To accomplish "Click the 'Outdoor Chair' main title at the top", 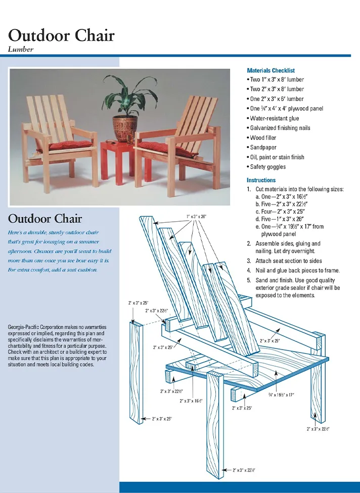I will [61, 35].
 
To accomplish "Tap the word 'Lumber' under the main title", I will [21, 50].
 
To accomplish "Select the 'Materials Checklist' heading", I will [271, 71].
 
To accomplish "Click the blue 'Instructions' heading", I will [261, 180].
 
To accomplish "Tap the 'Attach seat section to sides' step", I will [289, 261].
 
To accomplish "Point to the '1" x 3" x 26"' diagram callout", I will [196, 217].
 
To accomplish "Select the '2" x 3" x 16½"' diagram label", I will [191, 401].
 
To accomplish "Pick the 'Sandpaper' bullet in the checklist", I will [264, 147].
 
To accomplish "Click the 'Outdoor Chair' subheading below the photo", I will [45, 219].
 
